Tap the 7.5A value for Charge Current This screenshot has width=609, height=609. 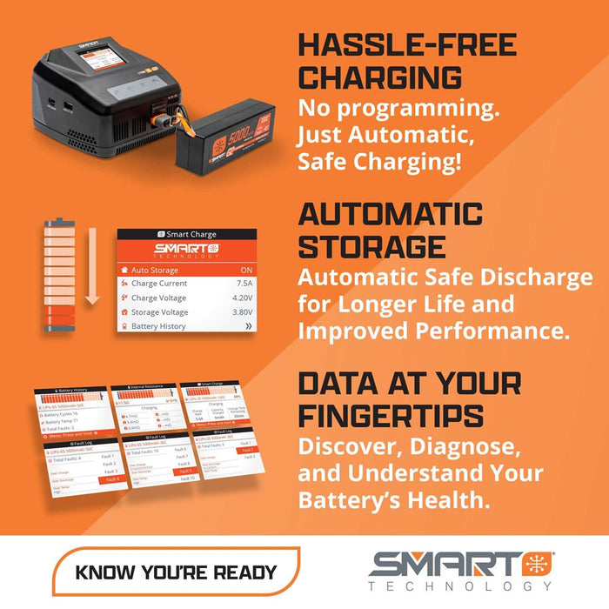click(244, 283)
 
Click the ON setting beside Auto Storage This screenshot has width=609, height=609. click(246, 270)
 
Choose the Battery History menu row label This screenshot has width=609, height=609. click(158, 326)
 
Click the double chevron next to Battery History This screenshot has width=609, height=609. click(248, 326)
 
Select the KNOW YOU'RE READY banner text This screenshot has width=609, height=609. click(176, 572)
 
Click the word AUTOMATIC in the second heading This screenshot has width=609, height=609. click(391, 214)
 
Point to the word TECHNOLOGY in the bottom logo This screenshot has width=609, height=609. click(460, 586)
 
